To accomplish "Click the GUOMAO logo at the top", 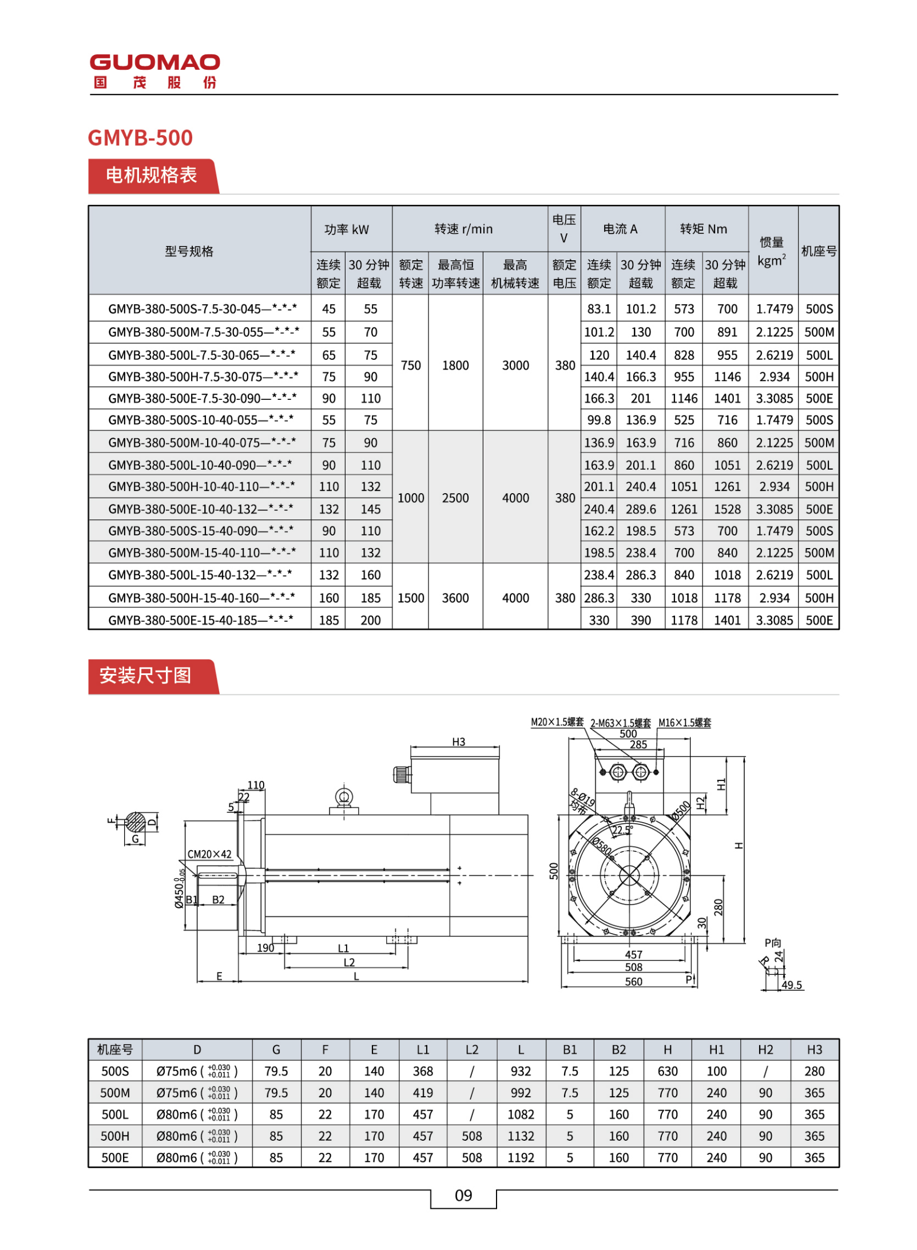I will pos(154,70).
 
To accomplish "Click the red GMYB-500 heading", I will pos(140,138).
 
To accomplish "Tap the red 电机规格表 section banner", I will pos(152,175).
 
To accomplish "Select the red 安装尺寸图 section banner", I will pos(146,676).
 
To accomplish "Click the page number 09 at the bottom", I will pos(463,1195).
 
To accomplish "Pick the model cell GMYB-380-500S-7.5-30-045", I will pos(202,309).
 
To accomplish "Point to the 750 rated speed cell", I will pos(410,365).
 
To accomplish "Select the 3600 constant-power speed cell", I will pos(455,598).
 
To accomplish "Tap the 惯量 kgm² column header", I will pos(772,251).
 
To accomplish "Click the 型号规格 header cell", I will pos(189,251).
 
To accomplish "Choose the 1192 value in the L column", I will pos(521,1157).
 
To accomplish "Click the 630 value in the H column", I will pos(667,1071).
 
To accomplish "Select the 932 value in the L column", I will pos(521,1071).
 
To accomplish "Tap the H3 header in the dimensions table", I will pos(814,1049).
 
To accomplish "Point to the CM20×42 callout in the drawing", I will pos(209,854).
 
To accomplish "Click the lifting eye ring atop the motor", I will pos(344,797).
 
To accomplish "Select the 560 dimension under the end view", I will pos(633,982).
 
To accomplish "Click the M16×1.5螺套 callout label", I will pos(684,723).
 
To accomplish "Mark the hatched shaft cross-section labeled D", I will pos(136,823).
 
